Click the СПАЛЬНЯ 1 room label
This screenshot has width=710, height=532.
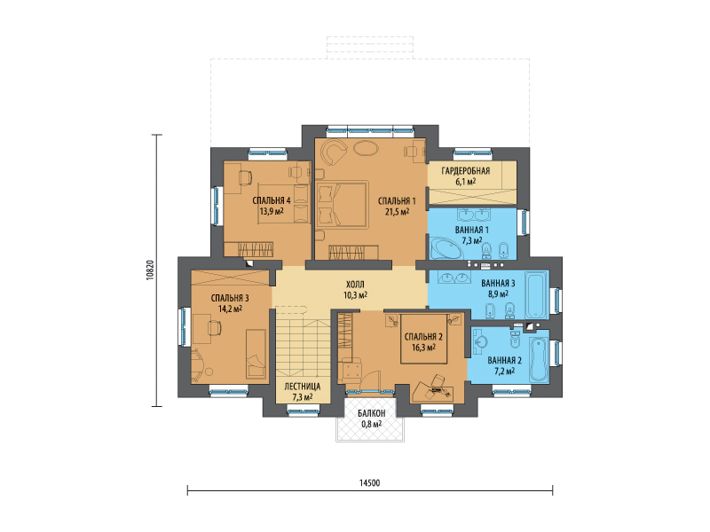pos(397,201)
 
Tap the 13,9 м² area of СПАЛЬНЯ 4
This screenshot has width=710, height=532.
pos(272,211)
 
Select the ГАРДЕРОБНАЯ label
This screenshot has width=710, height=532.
pos(465,171)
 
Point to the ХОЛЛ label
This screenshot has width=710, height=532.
pos(355,285)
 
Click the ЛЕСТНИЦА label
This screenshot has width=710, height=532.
pos(303,387)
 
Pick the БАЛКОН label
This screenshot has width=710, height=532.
pos(371,413)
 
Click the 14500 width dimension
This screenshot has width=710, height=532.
pos(370,483)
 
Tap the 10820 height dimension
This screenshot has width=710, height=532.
pos(151,270)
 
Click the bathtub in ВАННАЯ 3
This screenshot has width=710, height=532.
pos(537,294)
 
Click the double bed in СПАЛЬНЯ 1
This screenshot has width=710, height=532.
pos(342,205)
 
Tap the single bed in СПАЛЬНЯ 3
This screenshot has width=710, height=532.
pos(256,354)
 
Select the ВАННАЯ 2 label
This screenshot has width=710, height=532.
pos(504,361)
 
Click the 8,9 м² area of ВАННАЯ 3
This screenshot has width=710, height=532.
pos(498,293)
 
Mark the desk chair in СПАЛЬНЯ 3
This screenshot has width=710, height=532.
pos(214,326)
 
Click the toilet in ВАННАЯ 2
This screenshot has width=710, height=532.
pos(516,340)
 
